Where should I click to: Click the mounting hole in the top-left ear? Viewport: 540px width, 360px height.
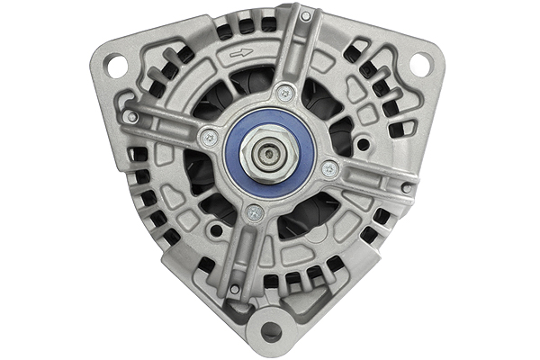pos(115,64)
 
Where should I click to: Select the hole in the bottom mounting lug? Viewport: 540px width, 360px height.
pos(269,331)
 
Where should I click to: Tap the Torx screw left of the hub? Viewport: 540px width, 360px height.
pos(210,137)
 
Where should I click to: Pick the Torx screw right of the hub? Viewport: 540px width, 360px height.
pos(329,168)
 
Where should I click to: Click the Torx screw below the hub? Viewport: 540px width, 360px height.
pos(254,212)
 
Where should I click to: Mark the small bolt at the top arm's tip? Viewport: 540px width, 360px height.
pos(306,16)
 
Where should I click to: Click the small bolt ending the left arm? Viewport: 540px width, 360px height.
pos(132,117)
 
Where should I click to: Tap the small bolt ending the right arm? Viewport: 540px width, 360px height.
pos(407,188)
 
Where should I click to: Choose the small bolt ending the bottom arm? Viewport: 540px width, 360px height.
pos(235,290)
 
